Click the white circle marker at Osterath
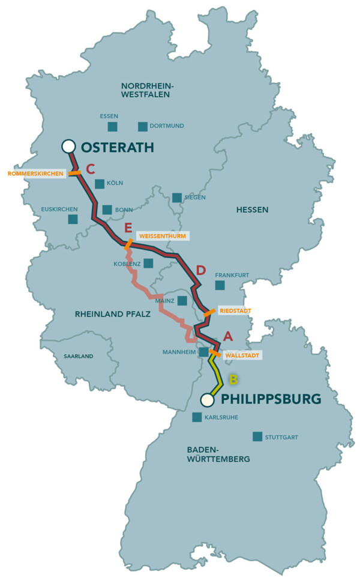(x=68, y=146)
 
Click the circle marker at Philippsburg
(x=207, y=399)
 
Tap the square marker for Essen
(x=112, y=126)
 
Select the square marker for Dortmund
(x=143, y=126)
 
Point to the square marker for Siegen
(x=177, y=198)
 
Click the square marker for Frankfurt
(x=220, y=285)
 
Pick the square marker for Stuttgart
(x=257, y=437)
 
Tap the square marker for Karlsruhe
(x=197, y=417)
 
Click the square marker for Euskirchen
(x=73, y=219)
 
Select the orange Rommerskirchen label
(x=35, y=174)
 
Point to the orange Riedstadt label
(x=235, y=310)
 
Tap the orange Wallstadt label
(x=243, y=355)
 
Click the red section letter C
(x=91, y=169)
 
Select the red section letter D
(x=201, y=271)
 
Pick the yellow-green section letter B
(x=233, y=379)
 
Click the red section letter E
(x=128, y=228)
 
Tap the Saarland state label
(x=79, y=356)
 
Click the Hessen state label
(x=252, y=210)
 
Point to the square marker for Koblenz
(x=148, y=263)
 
